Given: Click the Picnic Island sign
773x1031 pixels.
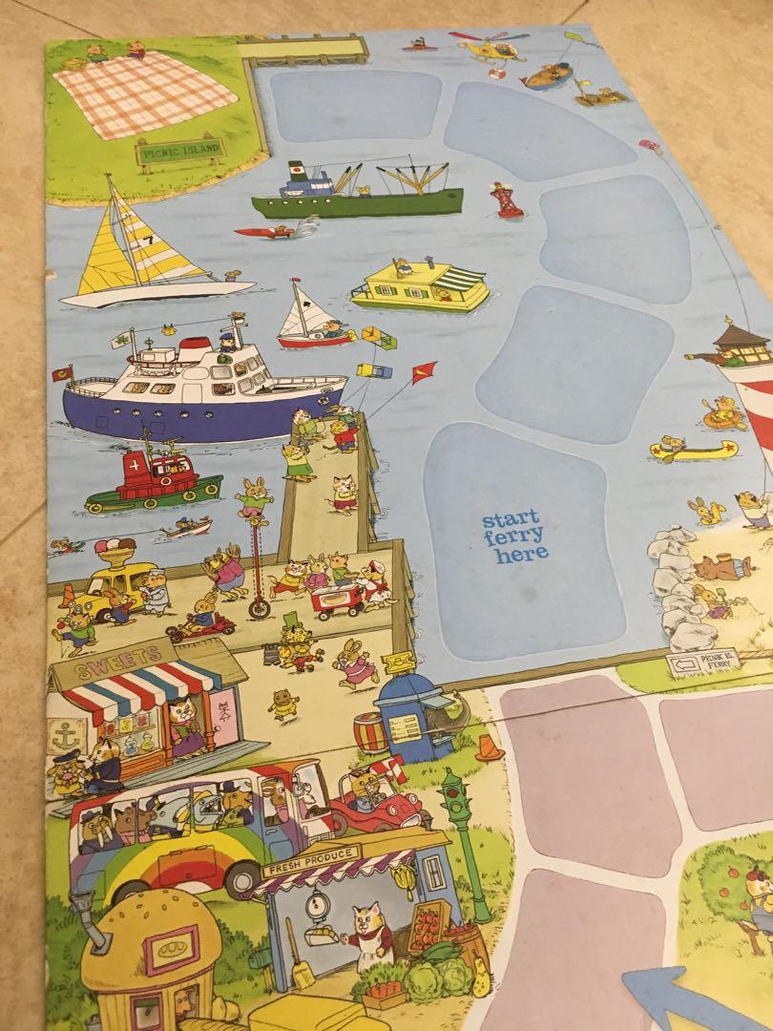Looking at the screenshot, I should tap(180, 151).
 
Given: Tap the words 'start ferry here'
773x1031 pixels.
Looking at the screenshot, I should tap(515, 537).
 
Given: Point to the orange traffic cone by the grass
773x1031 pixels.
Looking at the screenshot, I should tap(490, 747).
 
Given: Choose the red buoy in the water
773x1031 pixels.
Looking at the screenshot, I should tap(506, 200).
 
